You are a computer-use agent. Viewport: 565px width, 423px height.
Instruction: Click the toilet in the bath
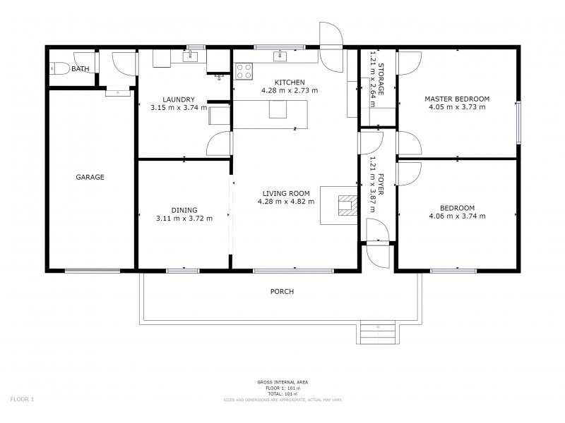(x=58, y=69)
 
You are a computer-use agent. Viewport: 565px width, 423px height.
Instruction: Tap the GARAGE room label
(x=90, y=177)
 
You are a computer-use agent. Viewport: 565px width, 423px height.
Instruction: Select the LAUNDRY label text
(x=178, y=99)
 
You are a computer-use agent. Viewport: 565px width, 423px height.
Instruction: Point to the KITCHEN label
(x=289, y=82)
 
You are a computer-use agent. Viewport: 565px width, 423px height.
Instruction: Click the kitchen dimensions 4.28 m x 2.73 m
(x=289, y=90)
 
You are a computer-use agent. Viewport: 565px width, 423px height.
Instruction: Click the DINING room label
(x=184, y=209)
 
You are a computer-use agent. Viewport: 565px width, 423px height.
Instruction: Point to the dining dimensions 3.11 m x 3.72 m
(x=184, y=218)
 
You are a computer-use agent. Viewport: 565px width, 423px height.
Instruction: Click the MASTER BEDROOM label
(x=456, y=99)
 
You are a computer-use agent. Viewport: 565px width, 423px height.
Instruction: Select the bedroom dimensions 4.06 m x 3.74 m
(x=457, y=216)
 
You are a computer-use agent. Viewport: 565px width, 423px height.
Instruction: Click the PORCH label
(x=282, y=291)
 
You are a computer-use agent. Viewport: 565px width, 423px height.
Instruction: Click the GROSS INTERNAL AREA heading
(x=282, y=382)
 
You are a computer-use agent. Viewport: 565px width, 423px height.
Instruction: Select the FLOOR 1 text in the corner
(x=22, y=400)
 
